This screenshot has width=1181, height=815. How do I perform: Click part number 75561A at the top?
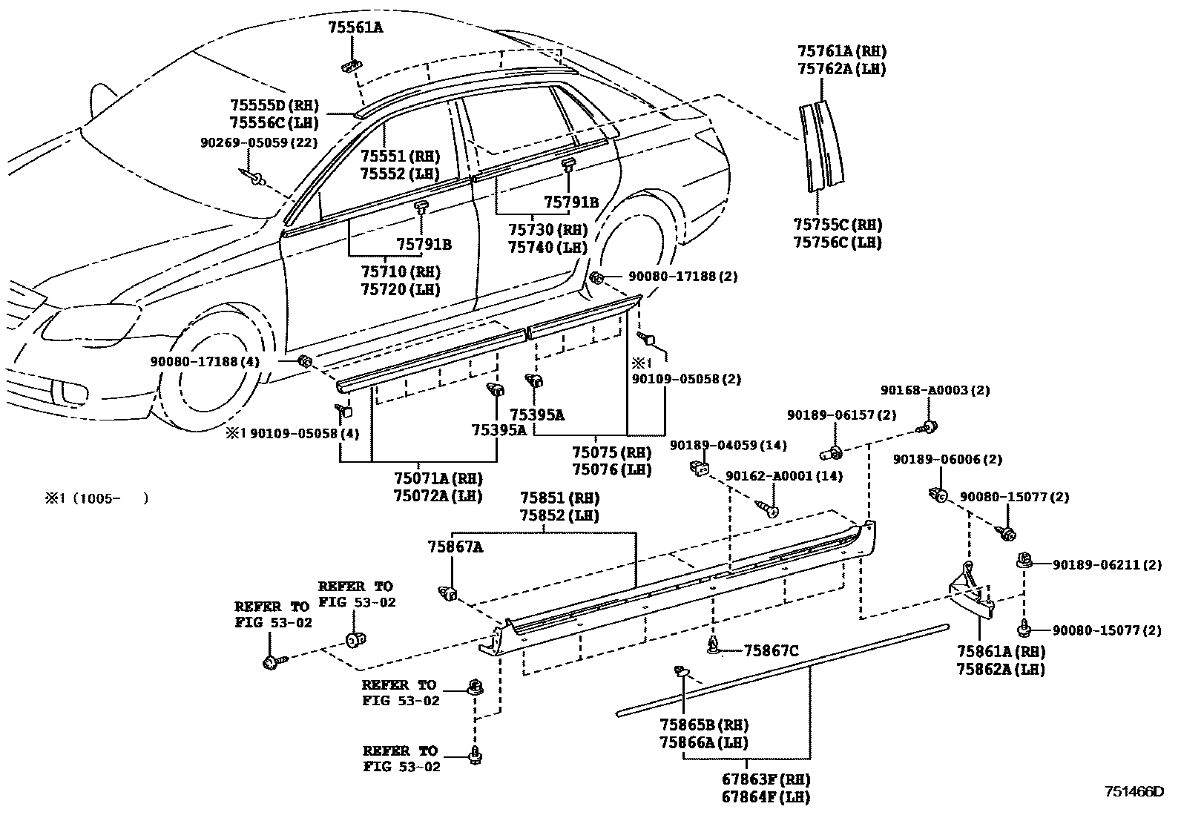[355, 28]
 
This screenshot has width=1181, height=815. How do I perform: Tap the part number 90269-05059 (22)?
[258, 142]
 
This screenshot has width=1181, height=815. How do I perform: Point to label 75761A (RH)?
[842, 52]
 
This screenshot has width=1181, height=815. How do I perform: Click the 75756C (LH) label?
[838, 242]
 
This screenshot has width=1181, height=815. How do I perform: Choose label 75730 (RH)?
[547, 230]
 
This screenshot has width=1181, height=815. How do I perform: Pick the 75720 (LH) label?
[401, 289]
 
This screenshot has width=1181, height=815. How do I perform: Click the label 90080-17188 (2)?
[683, 277]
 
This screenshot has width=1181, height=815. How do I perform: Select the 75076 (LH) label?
[611, 469]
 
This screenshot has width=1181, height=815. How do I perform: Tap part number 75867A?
[455, 547]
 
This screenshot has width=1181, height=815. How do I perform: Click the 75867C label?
[771, 651]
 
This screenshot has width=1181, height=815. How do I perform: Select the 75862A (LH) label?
[1001, 669]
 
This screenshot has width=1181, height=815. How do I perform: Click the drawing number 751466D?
[1134, 792]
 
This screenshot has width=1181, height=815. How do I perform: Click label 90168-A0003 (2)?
[935, 390]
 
